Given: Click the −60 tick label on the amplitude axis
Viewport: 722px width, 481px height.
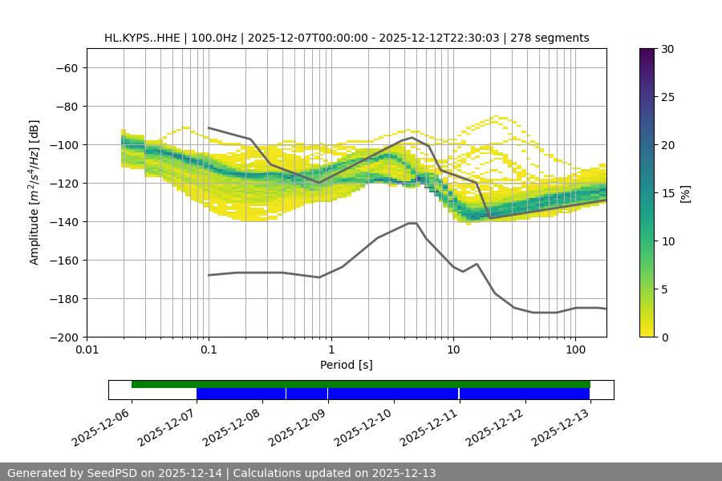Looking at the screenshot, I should (x=67, y=68).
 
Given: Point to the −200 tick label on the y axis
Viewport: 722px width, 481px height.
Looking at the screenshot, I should (x=63, y=338).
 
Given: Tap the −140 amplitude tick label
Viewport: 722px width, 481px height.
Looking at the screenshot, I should (x=63, y=222).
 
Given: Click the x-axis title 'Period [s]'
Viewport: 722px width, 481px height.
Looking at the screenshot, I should (x=346, y=366).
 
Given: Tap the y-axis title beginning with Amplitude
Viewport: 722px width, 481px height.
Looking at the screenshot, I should (x=34, y=192).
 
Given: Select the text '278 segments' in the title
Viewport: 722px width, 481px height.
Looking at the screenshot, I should (x=554, y=38).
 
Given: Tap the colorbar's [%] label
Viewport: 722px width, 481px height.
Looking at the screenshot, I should (x=685, y=193).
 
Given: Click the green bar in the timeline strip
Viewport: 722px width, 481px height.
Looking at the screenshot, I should (x=361, y=384).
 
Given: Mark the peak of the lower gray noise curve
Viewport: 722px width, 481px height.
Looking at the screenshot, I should (x=412, y=223).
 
